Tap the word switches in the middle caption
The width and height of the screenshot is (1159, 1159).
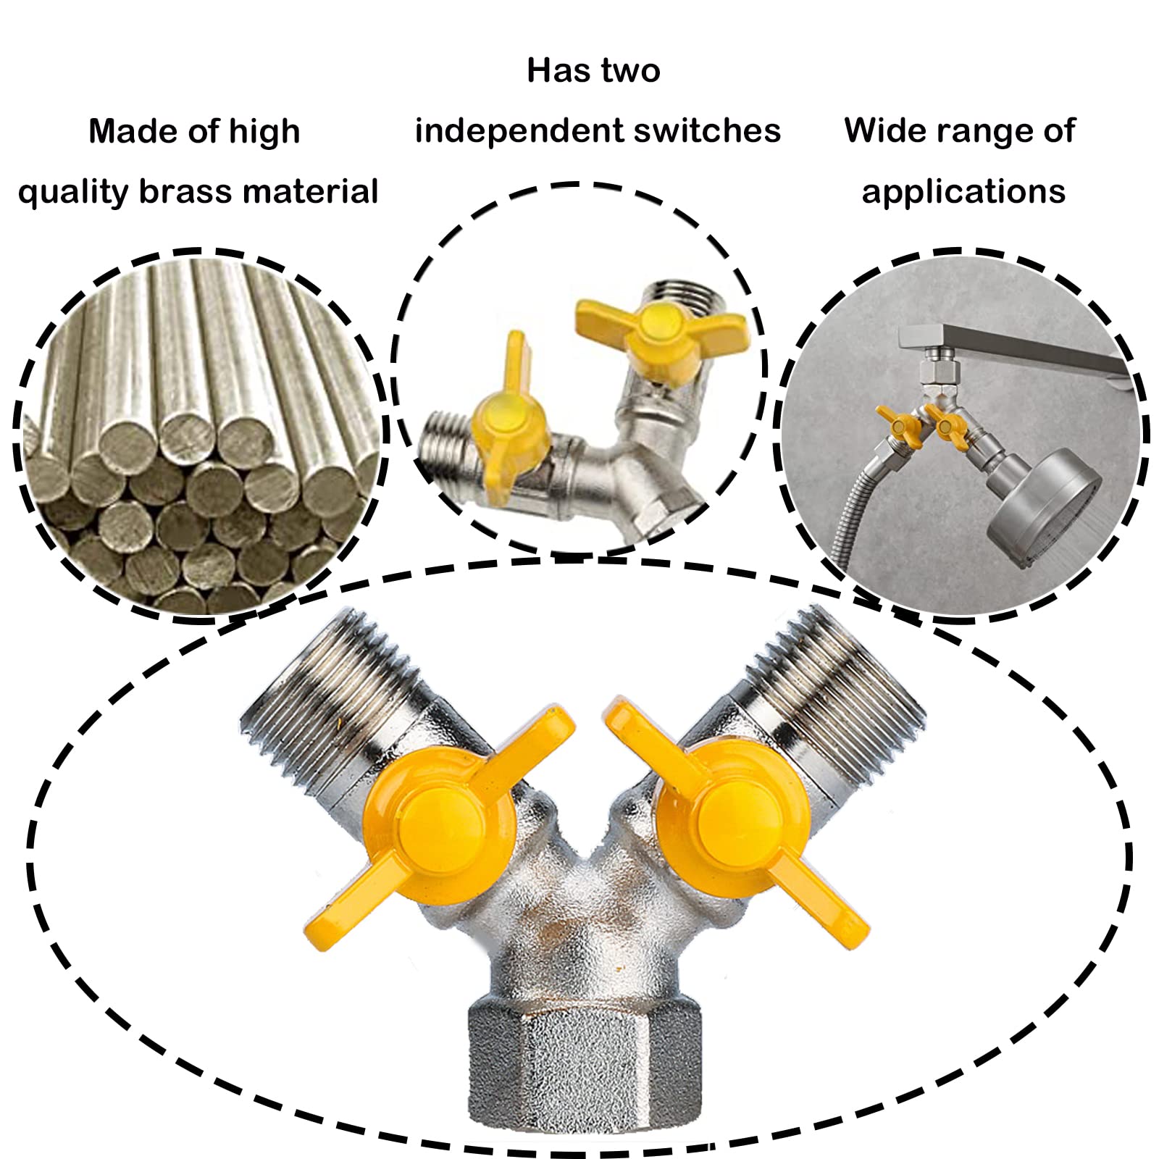click(x=707, y=131)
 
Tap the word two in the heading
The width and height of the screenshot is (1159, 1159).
click(x=629, y=71)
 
